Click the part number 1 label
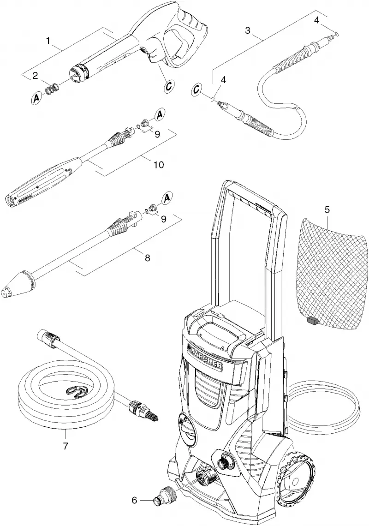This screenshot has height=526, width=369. click(x=48, y=41)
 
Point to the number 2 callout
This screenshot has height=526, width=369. click(x=35, y=76)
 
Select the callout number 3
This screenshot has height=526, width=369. click(x=248, y=30)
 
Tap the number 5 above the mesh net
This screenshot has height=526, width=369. click(x=327, y=210)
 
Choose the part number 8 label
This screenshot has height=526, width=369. click(x=147, y=258)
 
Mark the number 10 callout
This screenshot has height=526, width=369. click(x=158, y=165)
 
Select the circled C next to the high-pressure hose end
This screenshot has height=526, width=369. click(x=198, y=90)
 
